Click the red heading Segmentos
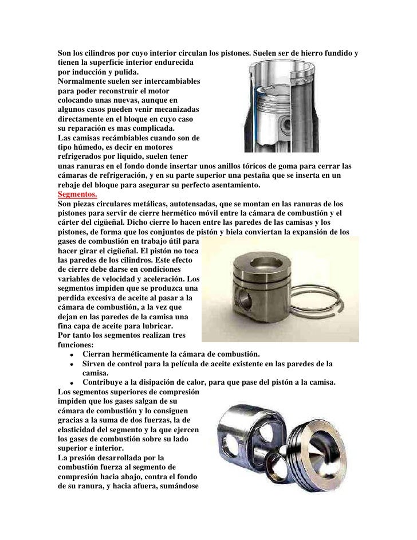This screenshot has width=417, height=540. pyautogui.click(x=77, y=194)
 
